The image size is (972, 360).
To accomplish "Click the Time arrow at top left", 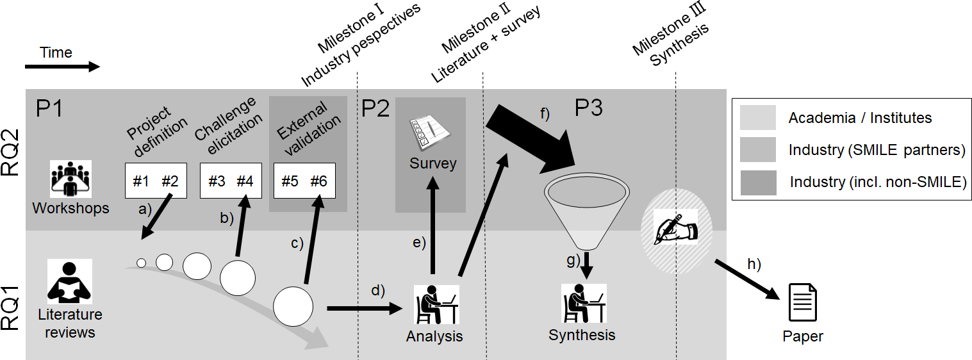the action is [x=63, y=67].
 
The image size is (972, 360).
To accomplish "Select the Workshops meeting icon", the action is [x=70, y=179].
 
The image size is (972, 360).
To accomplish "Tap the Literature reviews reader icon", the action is [x=69, y=281].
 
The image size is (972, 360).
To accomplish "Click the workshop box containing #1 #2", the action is [x=156, y=181].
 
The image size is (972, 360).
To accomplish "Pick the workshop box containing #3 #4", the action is [x=231, y=181].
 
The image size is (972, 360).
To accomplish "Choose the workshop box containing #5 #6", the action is [x=304, y=181].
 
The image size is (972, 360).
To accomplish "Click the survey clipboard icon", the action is [x=430, y=132].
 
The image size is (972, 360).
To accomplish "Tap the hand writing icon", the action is [x=676, y=227].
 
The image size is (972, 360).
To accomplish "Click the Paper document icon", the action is [x=802, y=302].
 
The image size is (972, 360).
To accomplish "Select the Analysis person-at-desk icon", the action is [x=436, y=304].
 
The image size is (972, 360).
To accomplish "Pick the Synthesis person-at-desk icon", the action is [x=584, y=303].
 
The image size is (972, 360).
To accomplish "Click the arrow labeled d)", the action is [x=365, y=308].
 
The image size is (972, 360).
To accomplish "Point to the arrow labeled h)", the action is [x=748, y=280].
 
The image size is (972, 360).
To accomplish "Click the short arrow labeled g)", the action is [x=587, y=265].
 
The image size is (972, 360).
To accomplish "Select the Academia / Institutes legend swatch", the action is [x=757, y=117].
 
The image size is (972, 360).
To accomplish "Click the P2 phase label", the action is [x=375, y=108].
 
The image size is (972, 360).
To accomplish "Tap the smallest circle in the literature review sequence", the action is [x=141, y=263].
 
